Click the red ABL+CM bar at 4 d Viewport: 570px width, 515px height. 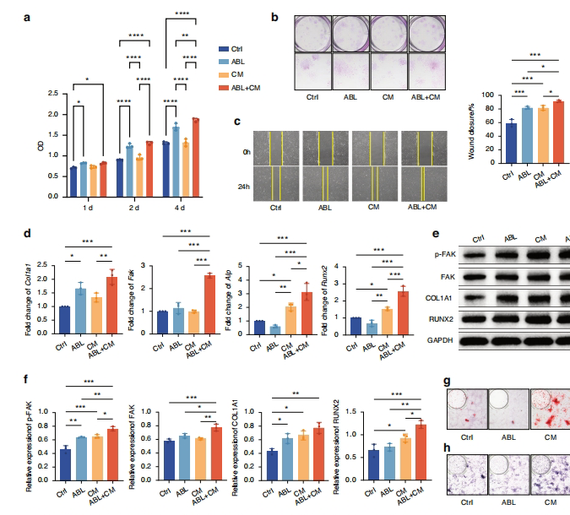(x=195, y=157)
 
